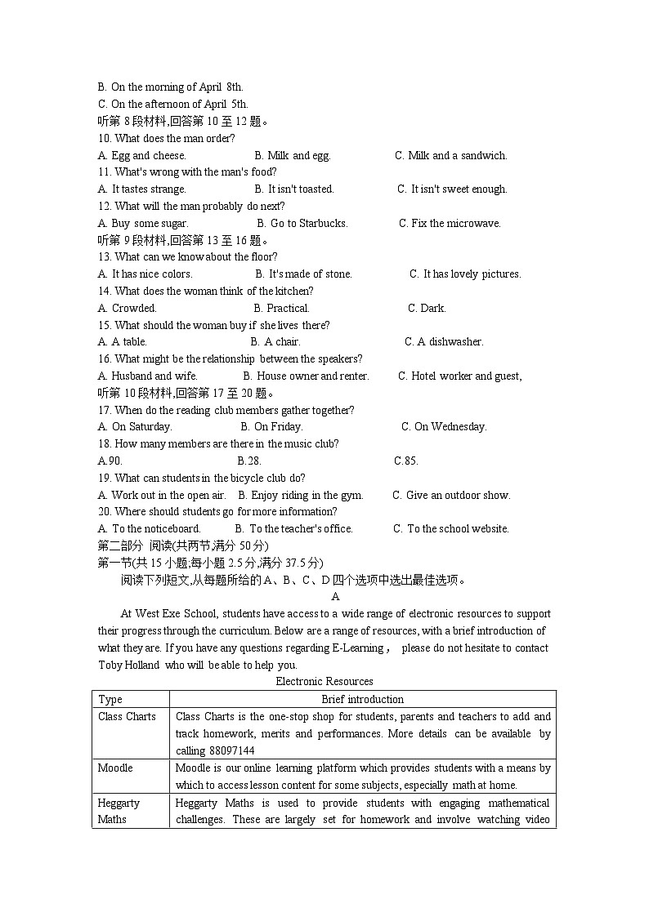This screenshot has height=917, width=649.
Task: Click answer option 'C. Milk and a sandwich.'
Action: point(450,155)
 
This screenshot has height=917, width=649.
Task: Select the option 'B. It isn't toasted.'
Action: point(294,189)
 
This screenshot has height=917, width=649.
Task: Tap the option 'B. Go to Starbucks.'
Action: point(302,223)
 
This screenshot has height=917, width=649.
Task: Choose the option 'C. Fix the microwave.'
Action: point(450,223)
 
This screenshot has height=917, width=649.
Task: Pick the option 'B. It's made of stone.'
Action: point(303,274)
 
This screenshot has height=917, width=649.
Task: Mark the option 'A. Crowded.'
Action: point(127,308)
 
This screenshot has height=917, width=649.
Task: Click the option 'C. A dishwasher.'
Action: point(444,341)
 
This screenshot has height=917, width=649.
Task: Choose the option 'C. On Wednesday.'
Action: point(444,426)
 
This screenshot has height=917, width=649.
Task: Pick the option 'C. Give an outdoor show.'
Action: point(451,495)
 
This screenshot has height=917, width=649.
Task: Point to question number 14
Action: point(104,291)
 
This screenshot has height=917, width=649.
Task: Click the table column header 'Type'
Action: point(110,699)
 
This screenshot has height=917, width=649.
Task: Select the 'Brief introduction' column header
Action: point(362,699)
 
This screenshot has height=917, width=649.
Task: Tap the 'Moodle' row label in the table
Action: point(115,768)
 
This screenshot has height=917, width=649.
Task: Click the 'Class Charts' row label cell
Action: point(127,716)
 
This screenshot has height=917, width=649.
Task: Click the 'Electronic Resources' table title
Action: point(324,681)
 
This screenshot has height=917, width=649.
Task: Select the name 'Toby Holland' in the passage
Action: point(128,665)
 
